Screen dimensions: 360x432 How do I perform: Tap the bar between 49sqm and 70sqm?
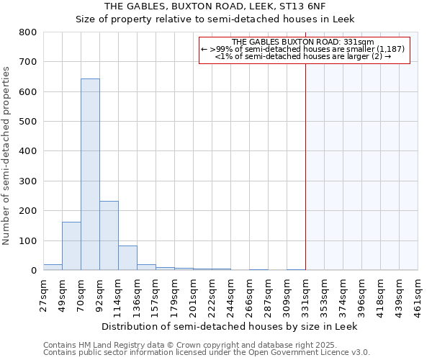tap(71, 246)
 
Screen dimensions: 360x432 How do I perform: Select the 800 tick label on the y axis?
tap(28, 32)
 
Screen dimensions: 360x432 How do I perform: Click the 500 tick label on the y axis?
tap(28, 122)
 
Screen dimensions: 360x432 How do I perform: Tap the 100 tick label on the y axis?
tap(28, 240)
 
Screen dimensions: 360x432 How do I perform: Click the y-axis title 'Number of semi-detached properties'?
tap(7, 155)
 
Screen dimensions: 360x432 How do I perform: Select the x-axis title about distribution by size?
tap(230, 326)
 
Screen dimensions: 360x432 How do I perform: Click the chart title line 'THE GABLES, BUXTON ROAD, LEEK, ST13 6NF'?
tap(215, 6)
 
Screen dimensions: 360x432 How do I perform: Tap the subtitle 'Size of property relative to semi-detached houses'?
tap(215, 19)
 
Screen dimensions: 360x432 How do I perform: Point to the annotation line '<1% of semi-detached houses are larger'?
tap(303, 56)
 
